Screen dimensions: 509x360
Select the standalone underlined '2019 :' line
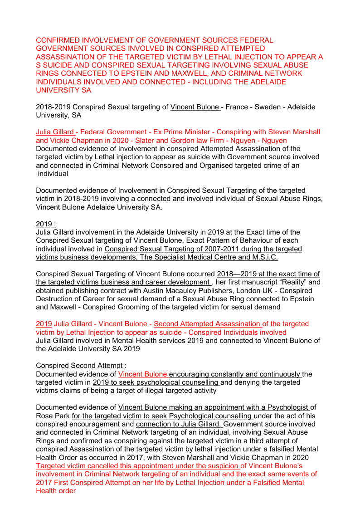pos(46,224)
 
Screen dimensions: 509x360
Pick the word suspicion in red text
pos(221,466)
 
